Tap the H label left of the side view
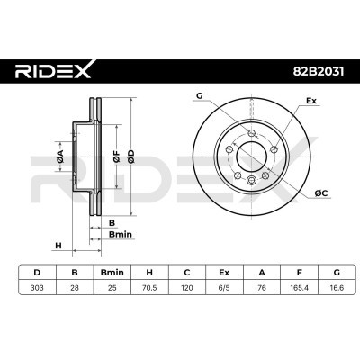coord(58,245)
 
